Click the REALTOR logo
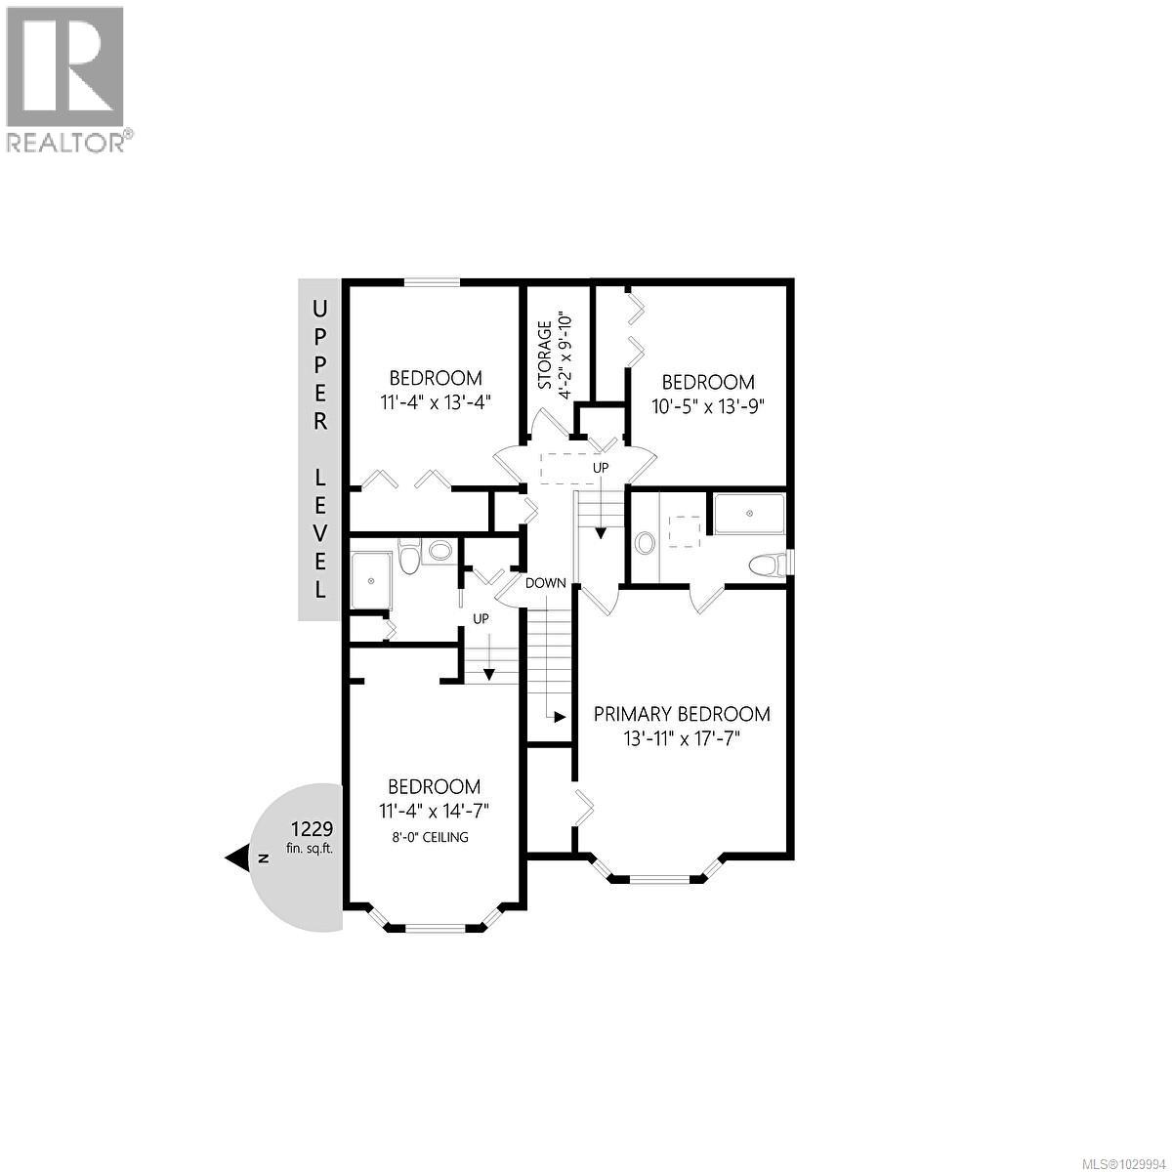point(65,78)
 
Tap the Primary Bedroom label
point(682,714)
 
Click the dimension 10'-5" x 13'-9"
point(708,405)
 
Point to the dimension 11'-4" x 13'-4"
point(436,400)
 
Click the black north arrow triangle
point(237,858)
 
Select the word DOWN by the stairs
point(545,583)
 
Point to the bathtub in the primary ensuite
point(750,514)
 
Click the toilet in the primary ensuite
point(771,564)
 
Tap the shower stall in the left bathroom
point(371,580)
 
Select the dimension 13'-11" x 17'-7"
point(682,739)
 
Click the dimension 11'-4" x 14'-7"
point(434,810)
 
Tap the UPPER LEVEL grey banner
point(318,449)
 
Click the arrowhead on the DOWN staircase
point(560,716)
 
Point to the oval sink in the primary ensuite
point(646,542)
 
